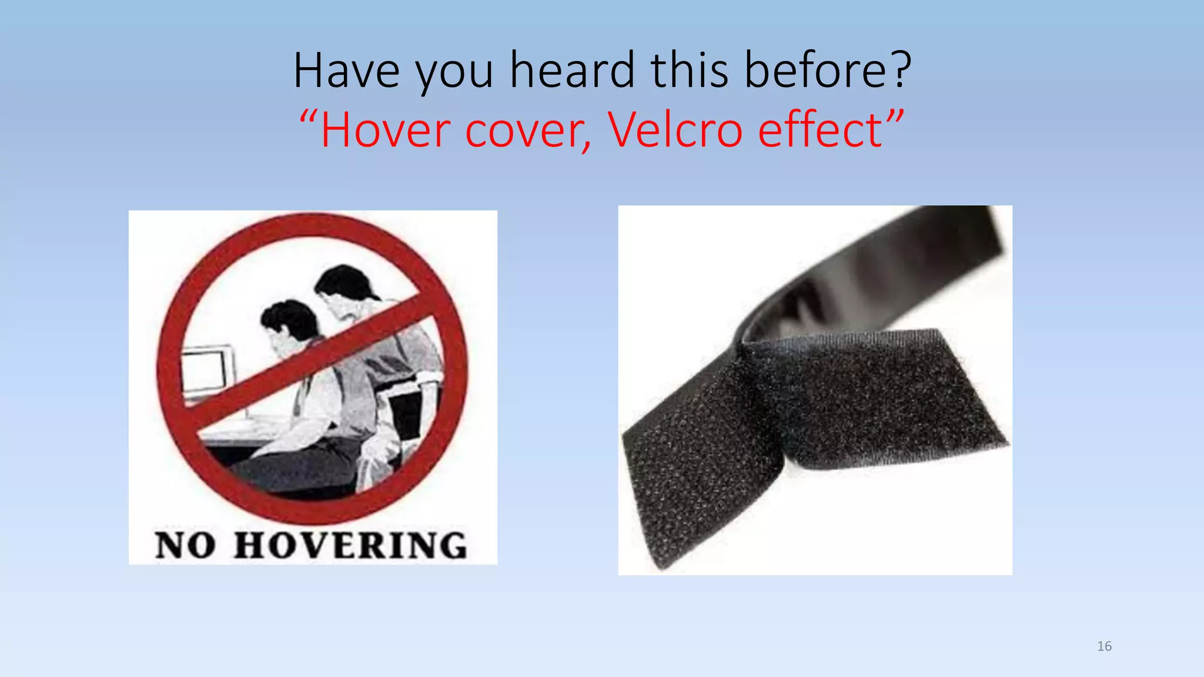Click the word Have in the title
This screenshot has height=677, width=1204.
(x=346, y=71)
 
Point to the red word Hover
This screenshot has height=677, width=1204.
(x=385, y=130)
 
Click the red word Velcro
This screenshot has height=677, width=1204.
(x=675, y=130)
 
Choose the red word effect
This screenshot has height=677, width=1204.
(x=820, y=130)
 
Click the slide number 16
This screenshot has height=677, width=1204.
(x=1104, y=646)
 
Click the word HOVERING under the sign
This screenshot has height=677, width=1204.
(x=350, y=545)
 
